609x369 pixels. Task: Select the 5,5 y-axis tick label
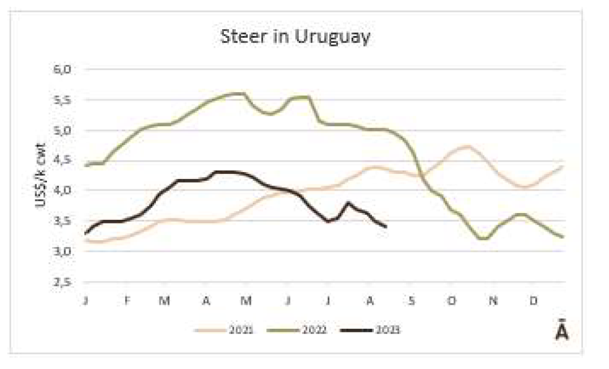(x=63, y=100)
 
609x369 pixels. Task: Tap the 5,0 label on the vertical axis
(x=63, y=130)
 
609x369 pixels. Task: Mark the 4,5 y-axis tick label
(x=63, y=160)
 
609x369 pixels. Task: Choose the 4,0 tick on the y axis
(x=63, y=191)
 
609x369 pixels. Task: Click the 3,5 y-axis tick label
(x=63, y=221)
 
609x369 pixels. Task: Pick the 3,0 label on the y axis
(x=63, y=251)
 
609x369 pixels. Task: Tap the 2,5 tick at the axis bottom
(x=63, y=282)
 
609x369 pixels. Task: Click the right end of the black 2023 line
(x=386, y=227)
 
